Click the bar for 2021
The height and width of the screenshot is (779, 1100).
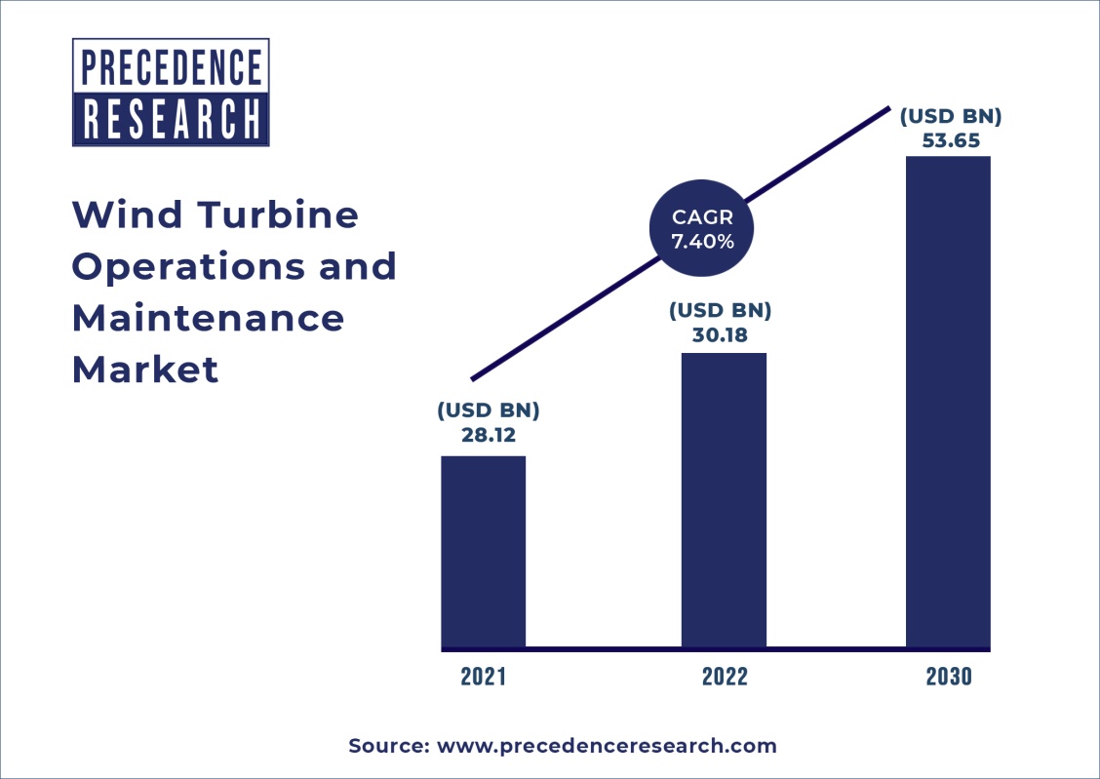(484, 552)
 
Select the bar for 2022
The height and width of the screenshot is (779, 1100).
(724, 500)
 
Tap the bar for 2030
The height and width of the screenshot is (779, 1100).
(949, 402)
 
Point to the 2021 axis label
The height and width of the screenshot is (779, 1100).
(484, 677)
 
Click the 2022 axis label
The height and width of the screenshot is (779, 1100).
(725, 677)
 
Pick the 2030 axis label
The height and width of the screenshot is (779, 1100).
(949, 677)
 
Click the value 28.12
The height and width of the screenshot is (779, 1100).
(488, 434)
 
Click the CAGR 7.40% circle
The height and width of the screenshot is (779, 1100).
(702, 231)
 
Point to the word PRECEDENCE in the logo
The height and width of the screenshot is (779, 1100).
(171, 67)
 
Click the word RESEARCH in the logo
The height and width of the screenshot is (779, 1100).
(171, 120)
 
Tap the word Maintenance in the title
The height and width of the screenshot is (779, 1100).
(208, 318)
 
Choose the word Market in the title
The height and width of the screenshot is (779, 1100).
(145, 370)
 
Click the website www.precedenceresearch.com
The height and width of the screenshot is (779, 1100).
(607, 747)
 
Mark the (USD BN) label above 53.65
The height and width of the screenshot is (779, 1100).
(951, 116)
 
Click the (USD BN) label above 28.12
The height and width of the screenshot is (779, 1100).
(488, 409)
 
